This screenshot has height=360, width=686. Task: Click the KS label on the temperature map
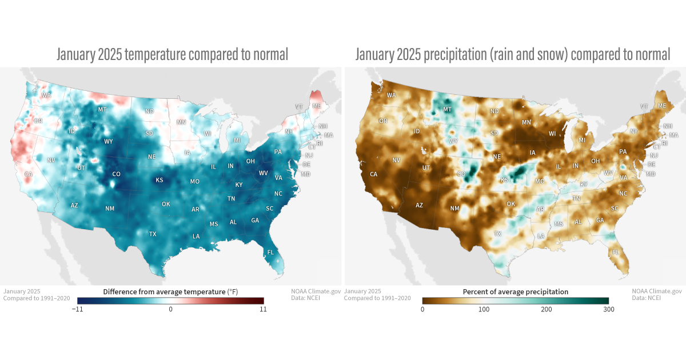pos(159,180)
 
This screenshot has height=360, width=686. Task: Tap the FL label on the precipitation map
pos(616,252)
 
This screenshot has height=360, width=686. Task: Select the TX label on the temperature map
pos(153,234)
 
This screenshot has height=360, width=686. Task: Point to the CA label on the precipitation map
pos(374,174)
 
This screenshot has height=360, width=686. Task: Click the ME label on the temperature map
pos(316,106)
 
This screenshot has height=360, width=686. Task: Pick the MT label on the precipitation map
pos(448,109)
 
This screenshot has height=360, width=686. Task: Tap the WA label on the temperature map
pos(46,95)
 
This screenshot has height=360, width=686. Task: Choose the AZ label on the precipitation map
pos(419,205)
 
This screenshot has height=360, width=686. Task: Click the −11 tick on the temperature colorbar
pos(77,309)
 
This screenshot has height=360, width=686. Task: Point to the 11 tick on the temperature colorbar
pos(262,309)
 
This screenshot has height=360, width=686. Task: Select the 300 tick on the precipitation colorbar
pos(608,309)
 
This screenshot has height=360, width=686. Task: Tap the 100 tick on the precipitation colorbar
pos(484,309)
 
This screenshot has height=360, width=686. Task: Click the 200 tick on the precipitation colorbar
pos(547,309)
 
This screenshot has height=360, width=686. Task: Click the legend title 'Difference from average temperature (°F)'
pos(170,291)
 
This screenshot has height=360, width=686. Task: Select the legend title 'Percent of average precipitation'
pos(515,291)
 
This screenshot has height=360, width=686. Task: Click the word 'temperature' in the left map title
pos(154,55)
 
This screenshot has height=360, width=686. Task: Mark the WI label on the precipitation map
pos(552,134)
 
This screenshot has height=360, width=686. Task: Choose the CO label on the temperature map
pos(116,174)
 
